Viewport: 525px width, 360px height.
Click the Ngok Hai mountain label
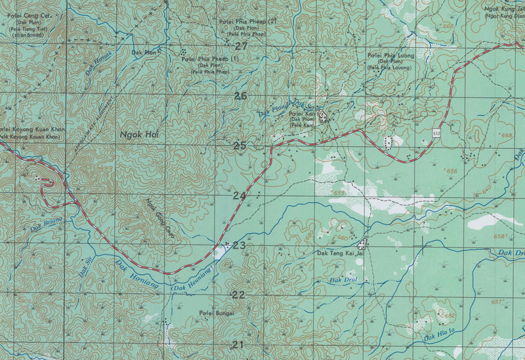pos(140,134)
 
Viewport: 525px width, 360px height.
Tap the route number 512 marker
pos(436,133)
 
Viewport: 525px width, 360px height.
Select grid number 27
pos(240,46)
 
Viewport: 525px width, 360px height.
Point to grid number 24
pos(239,195)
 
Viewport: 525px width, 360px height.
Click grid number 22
pos(238,294)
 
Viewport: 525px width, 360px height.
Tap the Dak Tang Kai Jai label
pos(340,252)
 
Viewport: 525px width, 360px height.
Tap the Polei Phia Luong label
pos(391,56)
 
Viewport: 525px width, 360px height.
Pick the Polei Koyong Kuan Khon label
pos(33,130)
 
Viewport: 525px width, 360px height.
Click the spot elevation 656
pos(450,170)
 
